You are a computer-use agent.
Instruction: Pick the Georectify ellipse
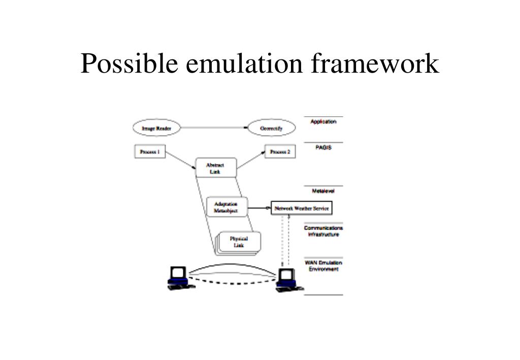pyautogui.click(x=272, y=129)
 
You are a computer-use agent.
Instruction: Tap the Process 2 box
pyautogui.click(x=280, y=152)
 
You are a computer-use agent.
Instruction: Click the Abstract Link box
pyautogui.click(x=215, y=168)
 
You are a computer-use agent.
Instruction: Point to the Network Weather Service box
pyautogui.click(x=302, y=208)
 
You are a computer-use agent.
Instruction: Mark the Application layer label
pyautogui.click(x=323, y=122)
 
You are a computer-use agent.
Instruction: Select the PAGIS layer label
pyautogui.click(x=323, y=148)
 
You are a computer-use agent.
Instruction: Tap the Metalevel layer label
pyautogui.click(x=323, y=191)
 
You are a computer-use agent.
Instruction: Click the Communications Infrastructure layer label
pyautogui.click(x=323, y=231)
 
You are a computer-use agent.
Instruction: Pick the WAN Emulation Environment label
pyautogui.click(x=323, y=266)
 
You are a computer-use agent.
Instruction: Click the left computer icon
pyautogui.click(x=179, y=278)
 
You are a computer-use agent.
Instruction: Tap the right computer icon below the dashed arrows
pyautogui.click(x=287, y=280)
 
